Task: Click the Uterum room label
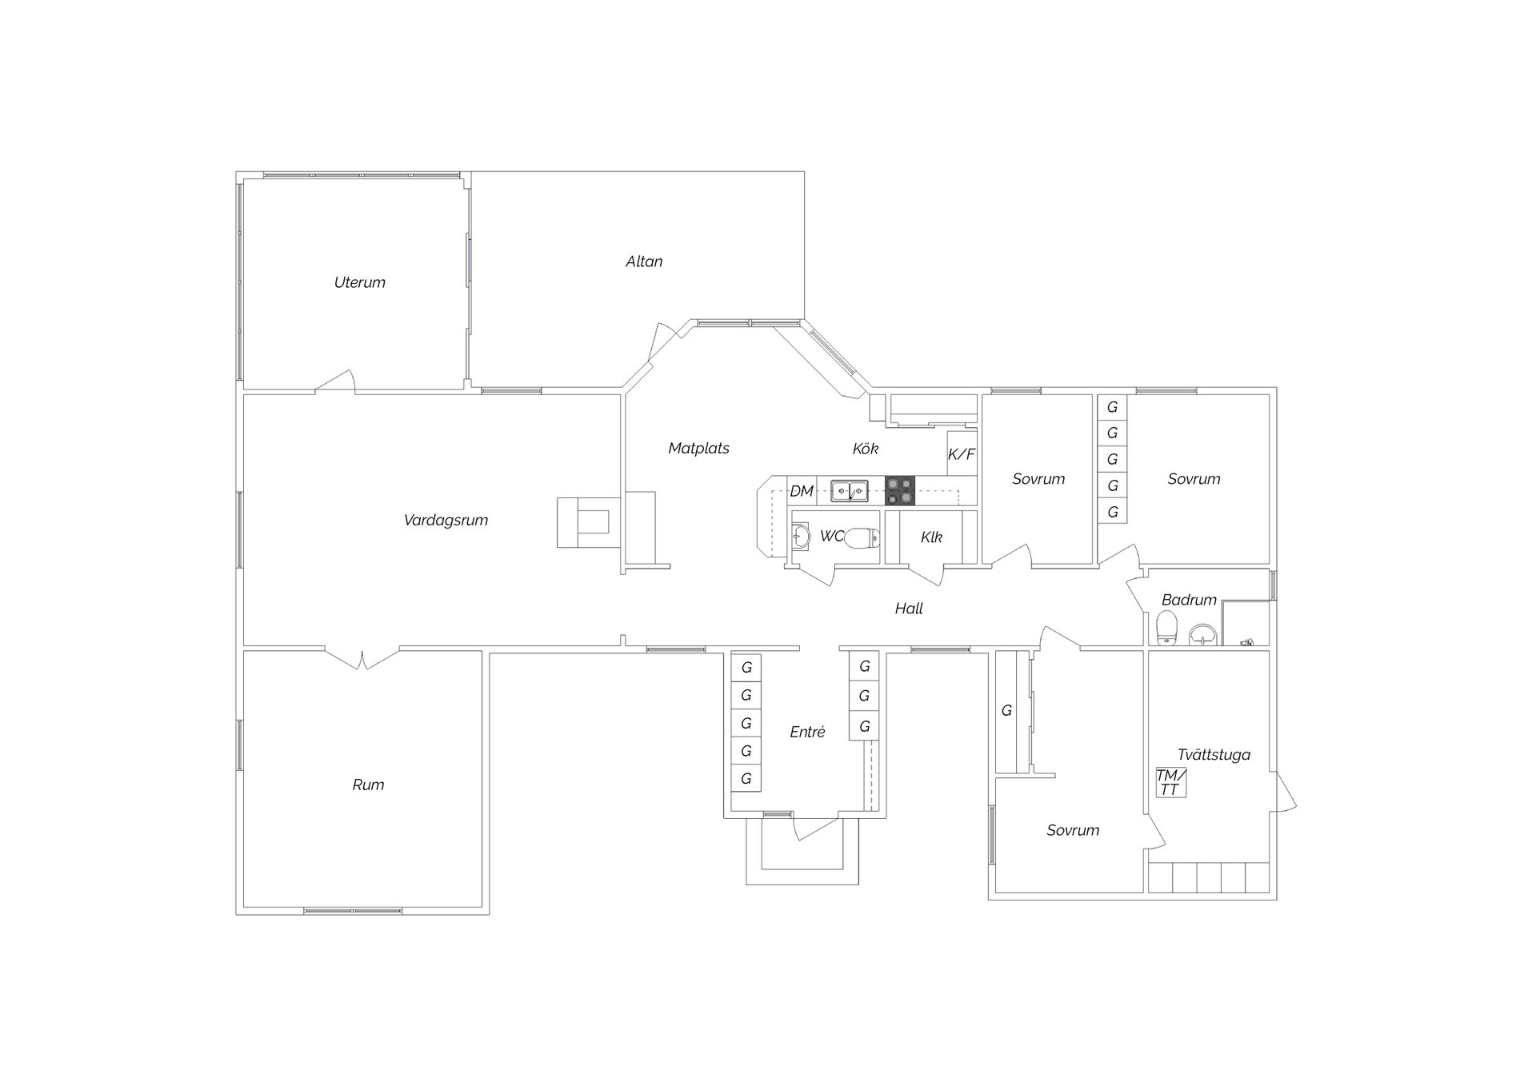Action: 360,282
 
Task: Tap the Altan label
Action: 644,262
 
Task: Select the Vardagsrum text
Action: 446,521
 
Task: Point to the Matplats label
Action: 698,449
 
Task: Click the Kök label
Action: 866,449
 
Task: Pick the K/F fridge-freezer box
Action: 962,453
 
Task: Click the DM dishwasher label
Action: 802,491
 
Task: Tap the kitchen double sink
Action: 850,490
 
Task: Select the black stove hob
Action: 900,490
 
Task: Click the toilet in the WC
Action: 862,537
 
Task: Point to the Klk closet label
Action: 931,537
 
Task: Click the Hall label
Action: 909,609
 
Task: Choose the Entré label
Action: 807,732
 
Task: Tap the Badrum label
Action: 1189,600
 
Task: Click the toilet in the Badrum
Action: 1166,628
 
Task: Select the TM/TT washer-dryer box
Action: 1170,782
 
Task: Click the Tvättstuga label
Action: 1214,755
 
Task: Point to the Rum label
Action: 368,785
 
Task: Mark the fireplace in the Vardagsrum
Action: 588,522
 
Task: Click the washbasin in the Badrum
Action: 1202,635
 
